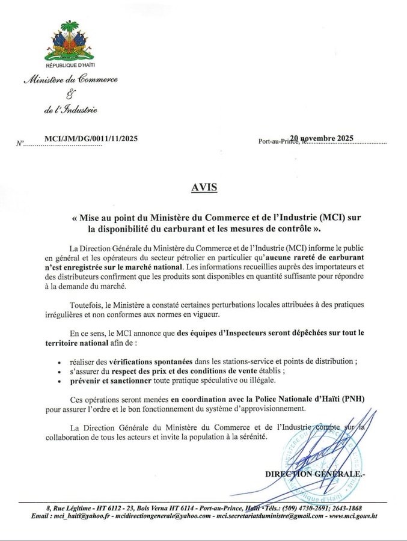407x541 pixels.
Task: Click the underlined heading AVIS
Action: [203, 187]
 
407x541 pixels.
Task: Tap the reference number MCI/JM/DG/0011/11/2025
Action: [91, 138]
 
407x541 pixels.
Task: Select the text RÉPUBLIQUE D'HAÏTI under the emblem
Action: [70, 64]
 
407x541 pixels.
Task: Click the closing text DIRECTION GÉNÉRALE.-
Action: [314, 474]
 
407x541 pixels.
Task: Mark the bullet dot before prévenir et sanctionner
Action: [59, 381]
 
